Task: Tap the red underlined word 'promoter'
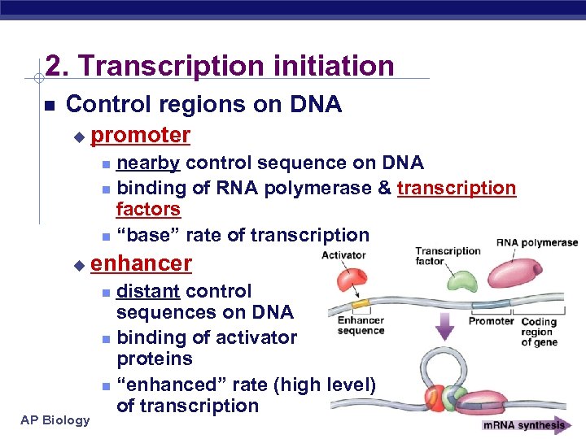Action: coord(141,135)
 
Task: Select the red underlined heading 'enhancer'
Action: coord(142,263)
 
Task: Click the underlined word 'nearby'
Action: coord(148,163)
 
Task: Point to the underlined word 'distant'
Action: coord(149,291)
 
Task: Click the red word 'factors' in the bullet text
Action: coord(148,210)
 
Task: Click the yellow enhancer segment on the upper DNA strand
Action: coord(360,302)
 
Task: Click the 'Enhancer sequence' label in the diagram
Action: coord(361,325)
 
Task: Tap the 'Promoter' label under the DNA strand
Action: coord(491,321)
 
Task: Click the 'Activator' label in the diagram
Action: coord(343,255)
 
